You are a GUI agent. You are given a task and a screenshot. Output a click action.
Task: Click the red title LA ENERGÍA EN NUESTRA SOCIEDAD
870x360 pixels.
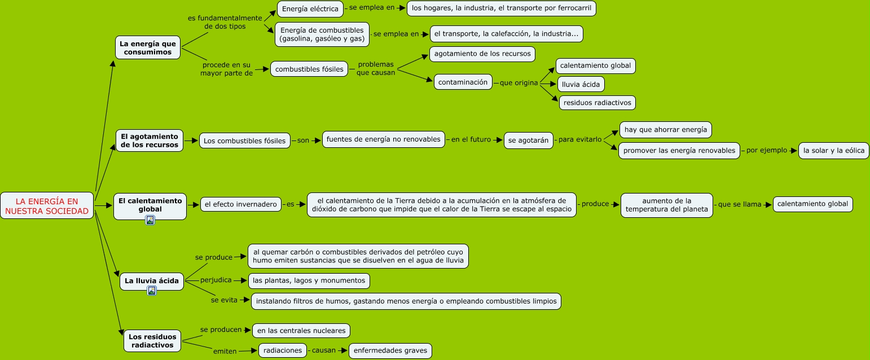coord(47,206)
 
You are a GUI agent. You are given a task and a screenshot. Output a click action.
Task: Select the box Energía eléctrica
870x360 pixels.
coord(310,8)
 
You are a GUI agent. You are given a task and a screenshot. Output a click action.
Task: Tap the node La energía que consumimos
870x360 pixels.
coord(148,48)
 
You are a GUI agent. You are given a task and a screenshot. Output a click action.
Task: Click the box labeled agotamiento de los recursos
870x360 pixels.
coord(482,54)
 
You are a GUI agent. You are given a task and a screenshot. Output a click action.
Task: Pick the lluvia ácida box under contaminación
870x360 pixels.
coord(581,84)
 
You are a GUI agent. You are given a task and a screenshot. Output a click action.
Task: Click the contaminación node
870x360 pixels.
coord(463,82)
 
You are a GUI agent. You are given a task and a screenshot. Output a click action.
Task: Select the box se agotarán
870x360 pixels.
coord(528,141)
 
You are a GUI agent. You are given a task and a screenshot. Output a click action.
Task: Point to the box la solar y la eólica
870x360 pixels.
coord(834,151)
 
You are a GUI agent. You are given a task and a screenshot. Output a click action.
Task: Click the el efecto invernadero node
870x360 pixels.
coord(241,204)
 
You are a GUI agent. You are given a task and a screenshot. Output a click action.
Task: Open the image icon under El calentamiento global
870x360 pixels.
coord(150,220)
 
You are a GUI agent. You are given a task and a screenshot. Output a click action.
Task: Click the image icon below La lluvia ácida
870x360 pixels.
coord(151,291)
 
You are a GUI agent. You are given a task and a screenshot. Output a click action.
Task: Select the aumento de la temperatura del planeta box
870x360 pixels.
coord(667,205)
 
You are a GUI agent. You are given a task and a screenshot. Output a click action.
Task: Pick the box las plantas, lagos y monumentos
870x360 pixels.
coord(309,280)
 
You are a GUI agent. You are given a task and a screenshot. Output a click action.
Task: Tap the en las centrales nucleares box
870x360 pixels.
coord(301,330)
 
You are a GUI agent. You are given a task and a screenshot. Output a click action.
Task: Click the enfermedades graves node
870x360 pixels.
coord(390,350)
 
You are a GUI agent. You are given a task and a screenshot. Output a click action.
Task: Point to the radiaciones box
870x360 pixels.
coord(283,350)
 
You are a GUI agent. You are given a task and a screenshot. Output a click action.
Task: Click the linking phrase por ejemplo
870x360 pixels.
coord(766,151)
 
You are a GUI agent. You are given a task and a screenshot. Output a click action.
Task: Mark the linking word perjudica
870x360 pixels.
coord(216,280)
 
